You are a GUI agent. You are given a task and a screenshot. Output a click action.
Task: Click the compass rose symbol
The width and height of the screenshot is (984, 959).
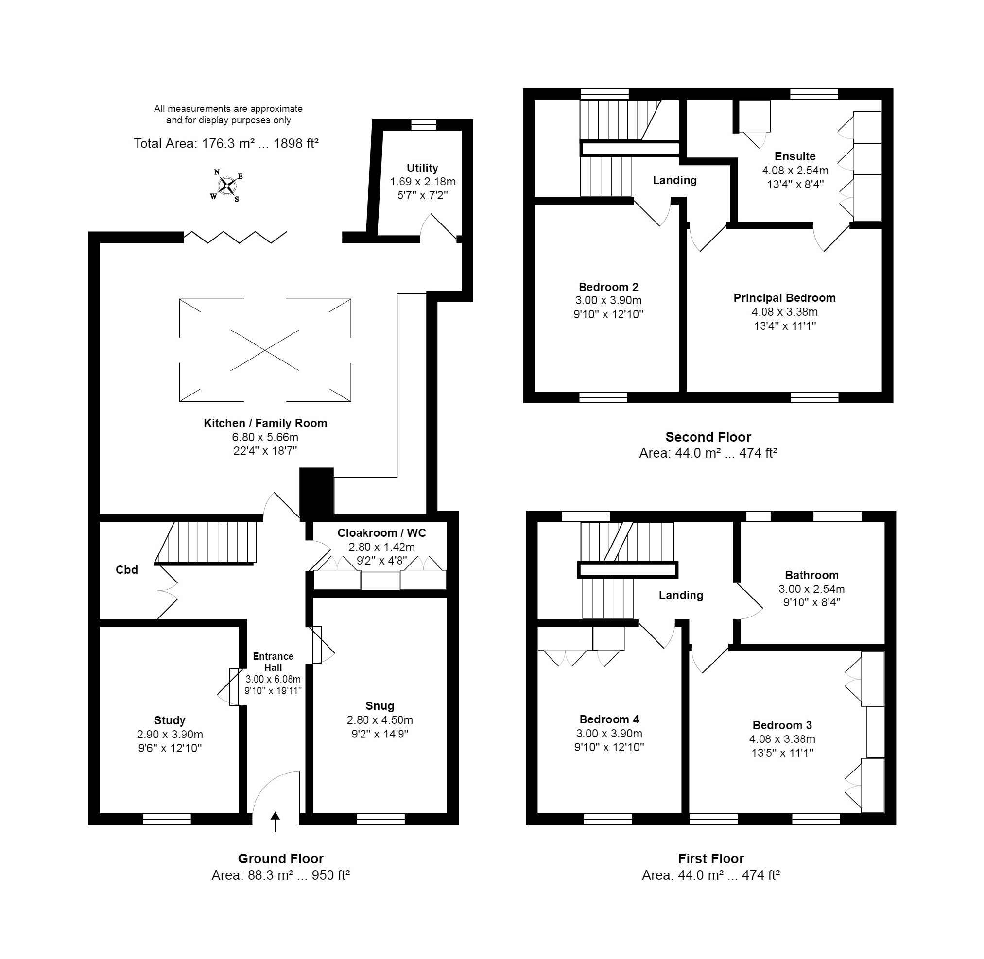pos(227,186)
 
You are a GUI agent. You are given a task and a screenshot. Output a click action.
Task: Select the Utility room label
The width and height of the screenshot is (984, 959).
pos(422,168)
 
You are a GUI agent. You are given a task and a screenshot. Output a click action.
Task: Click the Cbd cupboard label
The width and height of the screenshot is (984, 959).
pos(126,570)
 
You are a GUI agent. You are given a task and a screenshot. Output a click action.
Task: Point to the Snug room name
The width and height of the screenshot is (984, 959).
pos(380,706)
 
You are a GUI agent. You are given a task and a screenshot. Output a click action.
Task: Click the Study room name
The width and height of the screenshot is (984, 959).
pos(170,720)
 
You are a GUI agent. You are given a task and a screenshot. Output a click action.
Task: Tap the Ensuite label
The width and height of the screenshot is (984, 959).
pos(795,156)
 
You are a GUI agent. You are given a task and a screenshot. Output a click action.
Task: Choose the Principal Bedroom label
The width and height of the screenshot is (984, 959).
pos(784,298)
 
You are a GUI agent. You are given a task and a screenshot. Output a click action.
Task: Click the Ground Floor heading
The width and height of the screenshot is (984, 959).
pos(281,859)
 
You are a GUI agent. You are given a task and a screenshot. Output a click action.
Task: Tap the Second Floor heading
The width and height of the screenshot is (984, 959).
pos(708,437)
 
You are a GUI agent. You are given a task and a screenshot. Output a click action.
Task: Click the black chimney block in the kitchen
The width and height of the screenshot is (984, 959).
pos(316,494)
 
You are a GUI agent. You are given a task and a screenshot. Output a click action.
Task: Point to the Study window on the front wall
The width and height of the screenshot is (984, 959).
pos(167,777)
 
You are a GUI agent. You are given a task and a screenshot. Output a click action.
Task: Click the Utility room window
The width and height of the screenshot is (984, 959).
pos(424,124)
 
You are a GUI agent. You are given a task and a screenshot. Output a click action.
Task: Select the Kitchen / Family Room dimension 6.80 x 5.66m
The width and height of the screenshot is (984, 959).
pos(265,437)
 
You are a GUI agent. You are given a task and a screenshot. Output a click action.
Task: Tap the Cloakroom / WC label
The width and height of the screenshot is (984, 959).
pos(381,532)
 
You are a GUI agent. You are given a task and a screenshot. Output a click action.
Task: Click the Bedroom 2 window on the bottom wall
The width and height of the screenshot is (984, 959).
pos(604,398)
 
